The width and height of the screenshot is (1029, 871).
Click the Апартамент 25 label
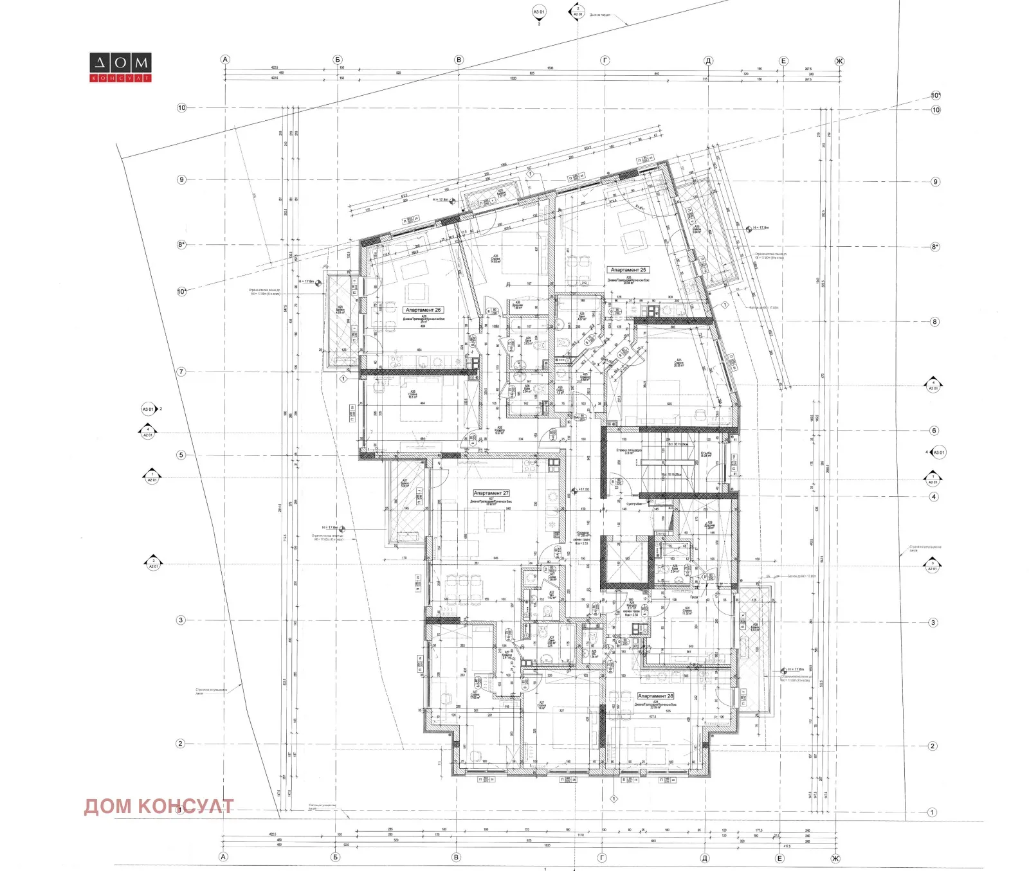pos(628,270)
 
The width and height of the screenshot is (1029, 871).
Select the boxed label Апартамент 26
pos(423,310)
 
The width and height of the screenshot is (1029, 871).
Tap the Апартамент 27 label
pos(491,493)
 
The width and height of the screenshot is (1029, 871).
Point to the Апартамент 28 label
pos(655,696)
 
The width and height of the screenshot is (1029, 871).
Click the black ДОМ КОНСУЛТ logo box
pos(120,67)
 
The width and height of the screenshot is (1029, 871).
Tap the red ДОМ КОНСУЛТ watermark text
pos(158,806)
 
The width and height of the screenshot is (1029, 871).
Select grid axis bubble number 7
pos(181,372)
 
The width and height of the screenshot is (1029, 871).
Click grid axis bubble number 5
pos(181,455)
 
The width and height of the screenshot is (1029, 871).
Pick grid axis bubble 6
pos(934,431)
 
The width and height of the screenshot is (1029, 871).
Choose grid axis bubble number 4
pos(934,497)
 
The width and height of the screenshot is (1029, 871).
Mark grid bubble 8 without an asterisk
pos(934,322)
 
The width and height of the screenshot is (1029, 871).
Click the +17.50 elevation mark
pos(583,490)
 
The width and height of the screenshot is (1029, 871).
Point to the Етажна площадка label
pos(629,451)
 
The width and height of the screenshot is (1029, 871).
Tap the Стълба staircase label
pos(706,454)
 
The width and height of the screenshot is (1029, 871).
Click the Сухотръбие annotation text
pos(634,504)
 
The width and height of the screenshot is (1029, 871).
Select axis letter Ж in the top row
pos(839,62)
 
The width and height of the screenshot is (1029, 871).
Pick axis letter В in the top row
pos(459,60)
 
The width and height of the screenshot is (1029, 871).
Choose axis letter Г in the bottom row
pos(603,858)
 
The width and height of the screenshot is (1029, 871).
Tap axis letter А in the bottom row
pos(224,857)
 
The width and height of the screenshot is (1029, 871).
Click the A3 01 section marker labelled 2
pos(149,409)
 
